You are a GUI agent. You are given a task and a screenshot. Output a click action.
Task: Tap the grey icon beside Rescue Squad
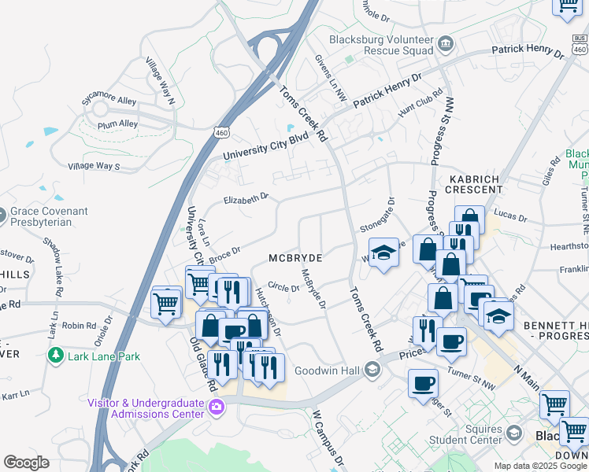coord(446,42)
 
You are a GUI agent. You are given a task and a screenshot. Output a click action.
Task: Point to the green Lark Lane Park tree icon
coord(56,356)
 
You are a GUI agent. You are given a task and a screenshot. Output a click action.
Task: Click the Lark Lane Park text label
coord(103,356)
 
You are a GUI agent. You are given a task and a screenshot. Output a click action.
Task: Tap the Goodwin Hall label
coord(328,371)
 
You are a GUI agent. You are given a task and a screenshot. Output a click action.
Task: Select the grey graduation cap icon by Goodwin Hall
coord(372,371)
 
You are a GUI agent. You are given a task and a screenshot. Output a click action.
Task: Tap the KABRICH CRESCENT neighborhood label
coord(474,185)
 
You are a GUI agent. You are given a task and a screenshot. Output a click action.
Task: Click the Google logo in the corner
coord(26,463)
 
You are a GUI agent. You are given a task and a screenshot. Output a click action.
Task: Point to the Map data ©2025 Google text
coord(539,466)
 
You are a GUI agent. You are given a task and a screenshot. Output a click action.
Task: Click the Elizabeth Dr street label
coord(246,199)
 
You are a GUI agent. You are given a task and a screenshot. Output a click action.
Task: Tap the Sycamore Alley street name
coord(109,100)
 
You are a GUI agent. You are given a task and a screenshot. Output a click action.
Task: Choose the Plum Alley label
coord(117,124)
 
